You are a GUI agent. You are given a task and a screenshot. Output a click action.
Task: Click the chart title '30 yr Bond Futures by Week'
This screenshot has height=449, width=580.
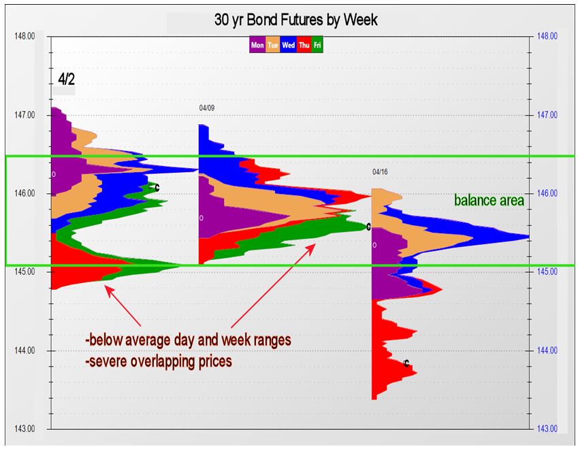(295, 20)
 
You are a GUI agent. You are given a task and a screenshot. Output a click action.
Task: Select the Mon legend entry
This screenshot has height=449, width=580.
(257, 45)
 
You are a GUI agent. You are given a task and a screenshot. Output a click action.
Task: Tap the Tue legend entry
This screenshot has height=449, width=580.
(272, 45)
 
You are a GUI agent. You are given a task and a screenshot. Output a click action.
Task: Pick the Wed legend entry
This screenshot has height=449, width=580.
(288, 45)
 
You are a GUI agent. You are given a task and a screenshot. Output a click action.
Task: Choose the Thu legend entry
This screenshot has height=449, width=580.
(304, 45)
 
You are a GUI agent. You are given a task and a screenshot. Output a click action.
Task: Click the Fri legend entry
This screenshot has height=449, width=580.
(317, 45)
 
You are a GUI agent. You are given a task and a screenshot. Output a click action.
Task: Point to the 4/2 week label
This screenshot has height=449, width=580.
(66, 80)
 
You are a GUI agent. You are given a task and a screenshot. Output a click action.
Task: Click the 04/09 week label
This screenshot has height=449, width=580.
(207, 108)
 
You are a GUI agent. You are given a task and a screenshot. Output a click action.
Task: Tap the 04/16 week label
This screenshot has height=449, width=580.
(380, 172)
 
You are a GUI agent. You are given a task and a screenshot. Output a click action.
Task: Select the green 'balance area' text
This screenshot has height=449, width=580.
(489, 200)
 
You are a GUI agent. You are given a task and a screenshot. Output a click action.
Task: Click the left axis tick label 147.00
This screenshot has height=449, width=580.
(25, 115)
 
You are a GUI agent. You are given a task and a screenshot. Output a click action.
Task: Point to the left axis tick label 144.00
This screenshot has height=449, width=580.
(25, 350)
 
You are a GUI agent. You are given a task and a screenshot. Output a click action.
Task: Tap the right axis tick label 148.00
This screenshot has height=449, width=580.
(547, 36)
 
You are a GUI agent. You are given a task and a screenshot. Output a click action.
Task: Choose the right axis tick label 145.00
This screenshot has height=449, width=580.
(547, 271)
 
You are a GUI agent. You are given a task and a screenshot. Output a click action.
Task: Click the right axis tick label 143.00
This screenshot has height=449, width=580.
(547, 429)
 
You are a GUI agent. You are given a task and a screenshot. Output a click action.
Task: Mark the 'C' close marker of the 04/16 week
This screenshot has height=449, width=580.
(406, 364)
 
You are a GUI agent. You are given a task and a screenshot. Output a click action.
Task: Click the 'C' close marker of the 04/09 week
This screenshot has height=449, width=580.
(368, 227)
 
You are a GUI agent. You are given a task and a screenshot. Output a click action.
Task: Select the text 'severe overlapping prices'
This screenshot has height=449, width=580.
(161, 361)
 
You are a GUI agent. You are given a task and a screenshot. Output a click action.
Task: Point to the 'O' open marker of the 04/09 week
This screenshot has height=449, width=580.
(202, 218)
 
